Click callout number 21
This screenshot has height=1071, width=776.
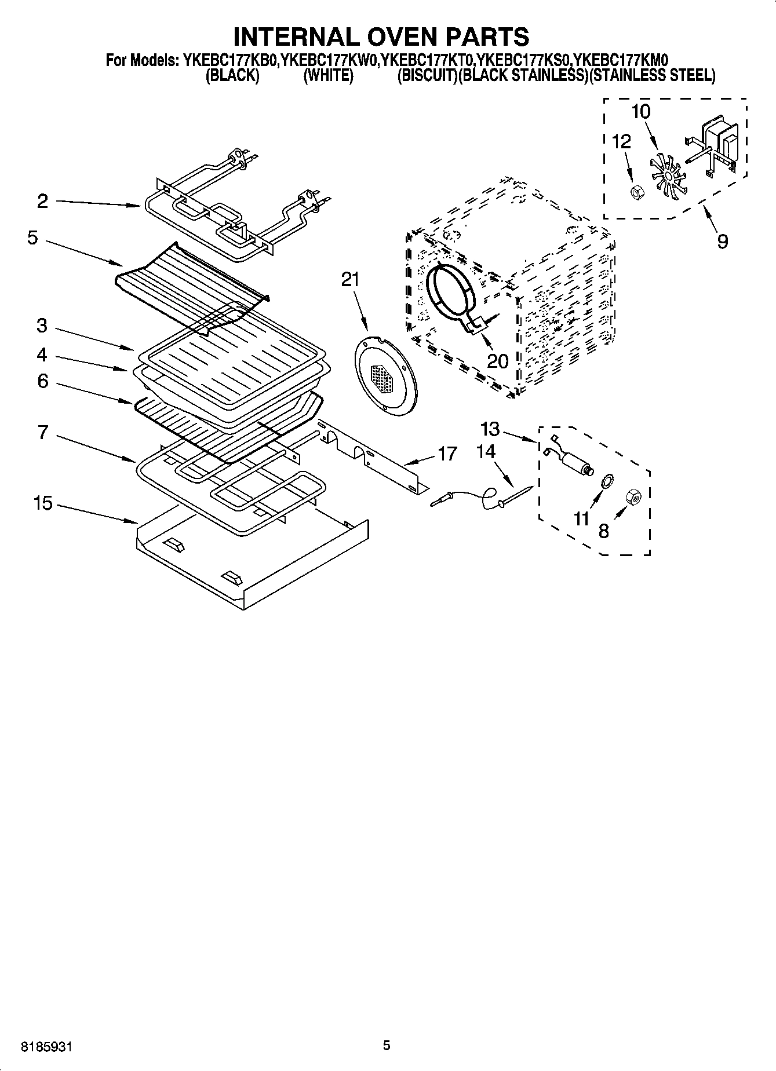point(350,280)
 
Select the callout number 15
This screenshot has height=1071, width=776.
point(43,503)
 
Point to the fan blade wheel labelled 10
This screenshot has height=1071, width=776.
point(668,174)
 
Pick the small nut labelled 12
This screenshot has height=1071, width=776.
point(635,190)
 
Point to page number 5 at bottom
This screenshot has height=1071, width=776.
point(387,1046)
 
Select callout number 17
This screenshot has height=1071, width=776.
point(447,454)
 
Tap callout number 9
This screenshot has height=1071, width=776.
point(722,241)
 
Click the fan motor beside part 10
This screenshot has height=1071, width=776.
point(717,145)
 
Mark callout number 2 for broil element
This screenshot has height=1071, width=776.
point(42,201)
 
